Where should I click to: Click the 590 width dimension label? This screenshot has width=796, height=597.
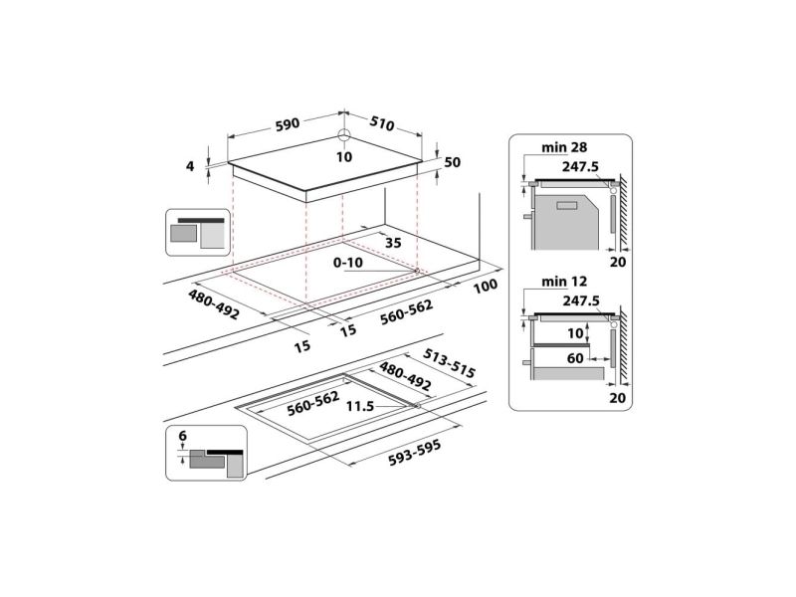coord(288,124)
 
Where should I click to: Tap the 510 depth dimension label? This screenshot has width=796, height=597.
coord(382,122)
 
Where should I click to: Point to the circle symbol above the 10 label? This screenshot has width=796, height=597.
coord(344,135)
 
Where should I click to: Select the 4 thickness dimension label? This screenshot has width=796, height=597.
coord(190,166)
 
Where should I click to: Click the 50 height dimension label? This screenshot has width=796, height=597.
coord(453,162)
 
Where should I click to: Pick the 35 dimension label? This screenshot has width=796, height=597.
coord(393,243)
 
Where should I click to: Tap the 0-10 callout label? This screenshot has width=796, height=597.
coord(347,263)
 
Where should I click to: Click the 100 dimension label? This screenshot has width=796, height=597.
coord(486,286)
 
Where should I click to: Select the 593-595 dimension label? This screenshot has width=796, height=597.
coord(414,453)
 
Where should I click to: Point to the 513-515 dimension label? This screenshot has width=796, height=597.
coord(450,363)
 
